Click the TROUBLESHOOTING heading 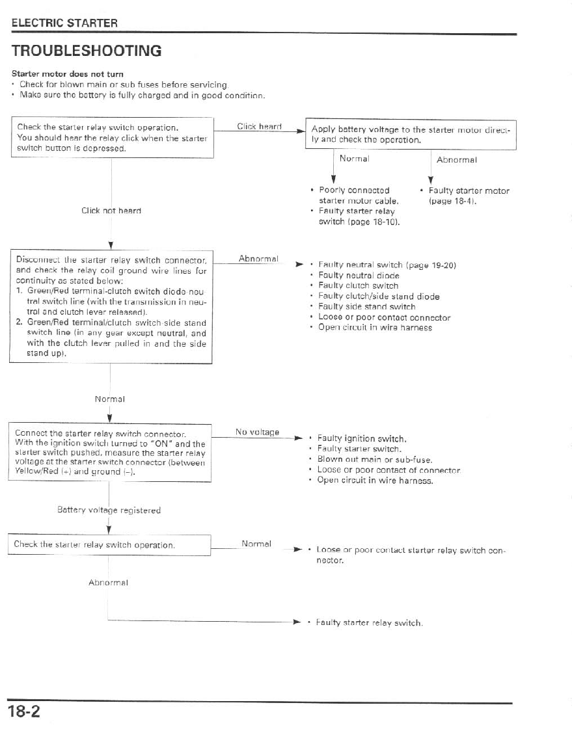pos(86,51)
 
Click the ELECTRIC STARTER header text pos(64,23)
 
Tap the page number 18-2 pos(25,711)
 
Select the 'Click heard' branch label pos(259,127)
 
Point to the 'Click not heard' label pos(111,211)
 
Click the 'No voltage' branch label pos(257,432)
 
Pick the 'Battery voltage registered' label pos(109,511)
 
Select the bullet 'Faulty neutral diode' pos(359,275)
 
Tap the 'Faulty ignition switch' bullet pos(362,438)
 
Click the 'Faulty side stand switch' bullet pos(366,306)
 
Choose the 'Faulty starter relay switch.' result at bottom pos(369,623)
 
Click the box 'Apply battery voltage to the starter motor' pos(411,134)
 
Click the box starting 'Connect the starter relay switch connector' pos(110,453)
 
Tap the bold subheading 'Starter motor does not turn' pos(68,74)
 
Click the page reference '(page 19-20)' pos(431,265)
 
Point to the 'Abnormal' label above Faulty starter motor pos(457,159)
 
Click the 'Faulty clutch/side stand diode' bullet pos(379,297)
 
